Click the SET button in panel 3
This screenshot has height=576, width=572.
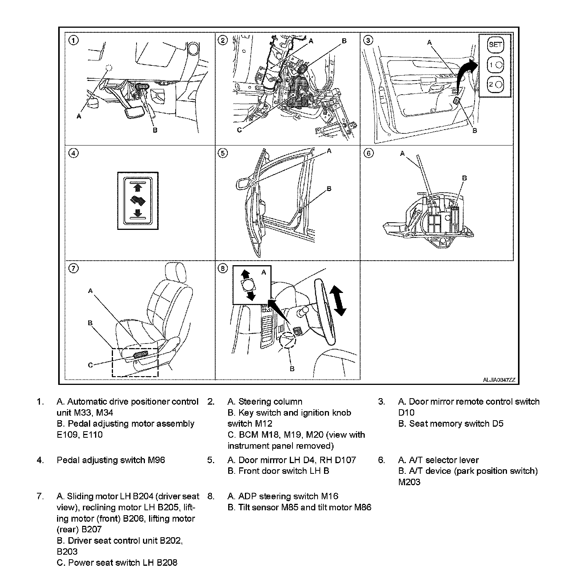click(x=495, y=44)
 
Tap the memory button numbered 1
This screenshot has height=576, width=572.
click(x=495, y=65)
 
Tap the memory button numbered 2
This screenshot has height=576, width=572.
click(x=495, y=84)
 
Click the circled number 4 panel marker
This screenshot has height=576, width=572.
click(x=73, y=153)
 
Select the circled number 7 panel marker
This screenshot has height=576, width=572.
click(x=73, y=269)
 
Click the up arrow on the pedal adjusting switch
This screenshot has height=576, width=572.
click(x=138, y=187)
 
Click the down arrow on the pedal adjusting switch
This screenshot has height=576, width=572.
click(x=138, y=213)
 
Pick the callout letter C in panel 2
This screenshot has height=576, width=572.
click(x=239, y=130)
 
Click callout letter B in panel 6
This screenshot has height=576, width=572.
click(x=464, y=178)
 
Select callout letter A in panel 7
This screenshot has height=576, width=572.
click(x=91, y=291)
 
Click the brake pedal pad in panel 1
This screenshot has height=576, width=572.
click(x=135, y=112)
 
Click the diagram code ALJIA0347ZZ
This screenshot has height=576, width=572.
click(x=499, y=380)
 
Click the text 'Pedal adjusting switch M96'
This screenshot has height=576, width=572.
click(x=111, y=460)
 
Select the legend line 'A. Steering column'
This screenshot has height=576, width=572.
click(x=265, y=402)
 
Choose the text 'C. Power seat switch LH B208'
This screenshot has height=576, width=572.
click(x=117, y=563)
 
